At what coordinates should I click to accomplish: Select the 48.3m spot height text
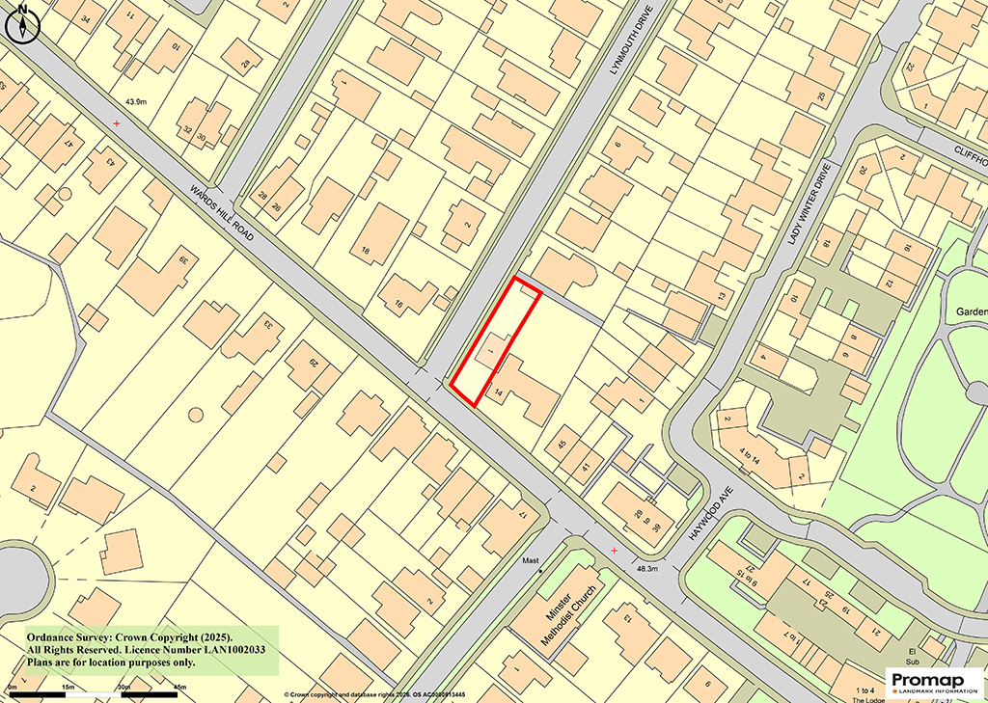(646, 570)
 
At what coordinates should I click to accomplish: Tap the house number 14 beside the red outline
(499, 392)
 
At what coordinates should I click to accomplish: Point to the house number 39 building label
(182, 260)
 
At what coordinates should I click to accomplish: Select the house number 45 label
(563, 445)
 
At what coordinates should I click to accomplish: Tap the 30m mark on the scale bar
(123, 687)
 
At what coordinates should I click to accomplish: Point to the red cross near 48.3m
(615, 550)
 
